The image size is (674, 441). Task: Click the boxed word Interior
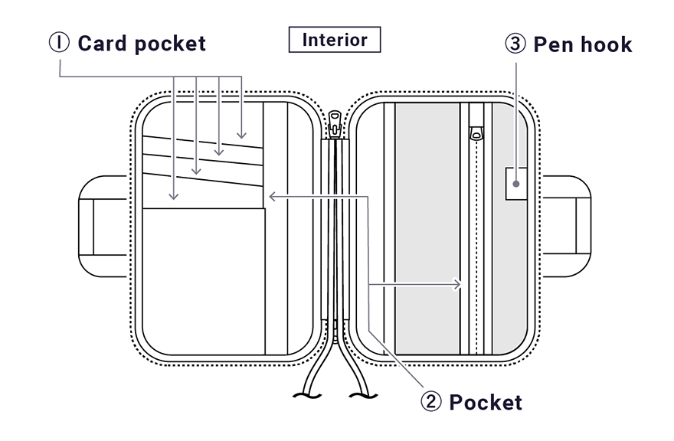pos(335,40)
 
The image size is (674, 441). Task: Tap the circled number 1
pos(59,43)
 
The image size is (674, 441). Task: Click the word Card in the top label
pos(103,43)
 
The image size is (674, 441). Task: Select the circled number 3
pos(515,44)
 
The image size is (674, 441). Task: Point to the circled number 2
pos(431,401)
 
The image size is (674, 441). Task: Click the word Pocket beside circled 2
pos(486,402)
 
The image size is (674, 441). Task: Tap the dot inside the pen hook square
pos(516,184)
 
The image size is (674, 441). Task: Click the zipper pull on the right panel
pos(476,134)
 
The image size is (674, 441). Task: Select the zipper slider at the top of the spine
pos(335,122)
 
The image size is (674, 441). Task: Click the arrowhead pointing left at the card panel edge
pos(272,197)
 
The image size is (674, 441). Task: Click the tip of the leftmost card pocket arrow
pos(174,198)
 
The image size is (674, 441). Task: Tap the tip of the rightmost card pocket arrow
pos(242,136)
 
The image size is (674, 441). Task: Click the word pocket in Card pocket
pos(170,43)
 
